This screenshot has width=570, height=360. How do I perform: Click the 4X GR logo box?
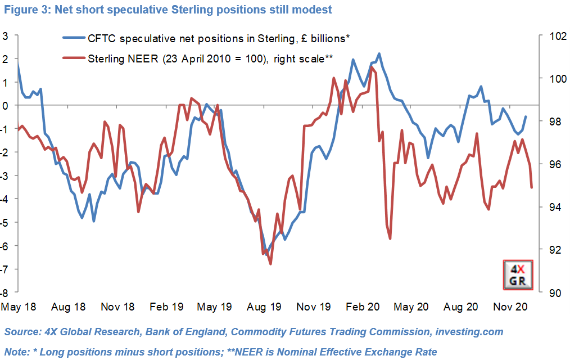click(x=517, y=276)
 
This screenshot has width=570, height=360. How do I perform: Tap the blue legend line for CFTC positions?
click(x=73, y=38)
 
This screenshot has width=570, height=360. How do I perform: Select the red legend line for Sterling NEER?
click(x=73, y=58)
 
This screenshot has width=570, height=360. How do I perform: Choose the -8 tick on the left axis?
click(x=5, y=292)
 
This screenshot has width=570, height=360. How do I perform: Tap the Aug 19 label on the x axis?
click(x=264, y=307)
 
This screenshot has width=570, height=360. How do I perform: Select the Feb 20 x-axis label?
click(x=363, y=307)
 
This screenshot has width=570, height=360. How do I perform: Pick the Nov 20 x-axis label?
click(x=510, y=307)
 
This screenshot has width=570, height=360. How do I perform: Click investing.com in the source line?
click(x=469, y=332)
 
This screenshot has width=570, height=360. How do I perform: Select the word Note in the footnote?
click(x=16, y=352)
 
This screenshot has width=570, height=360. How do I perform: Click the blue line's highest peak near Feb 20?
click(x=379, y=54)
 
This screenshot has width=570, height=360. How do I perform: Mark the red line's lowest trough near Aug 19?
click(x=270, y=264)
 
